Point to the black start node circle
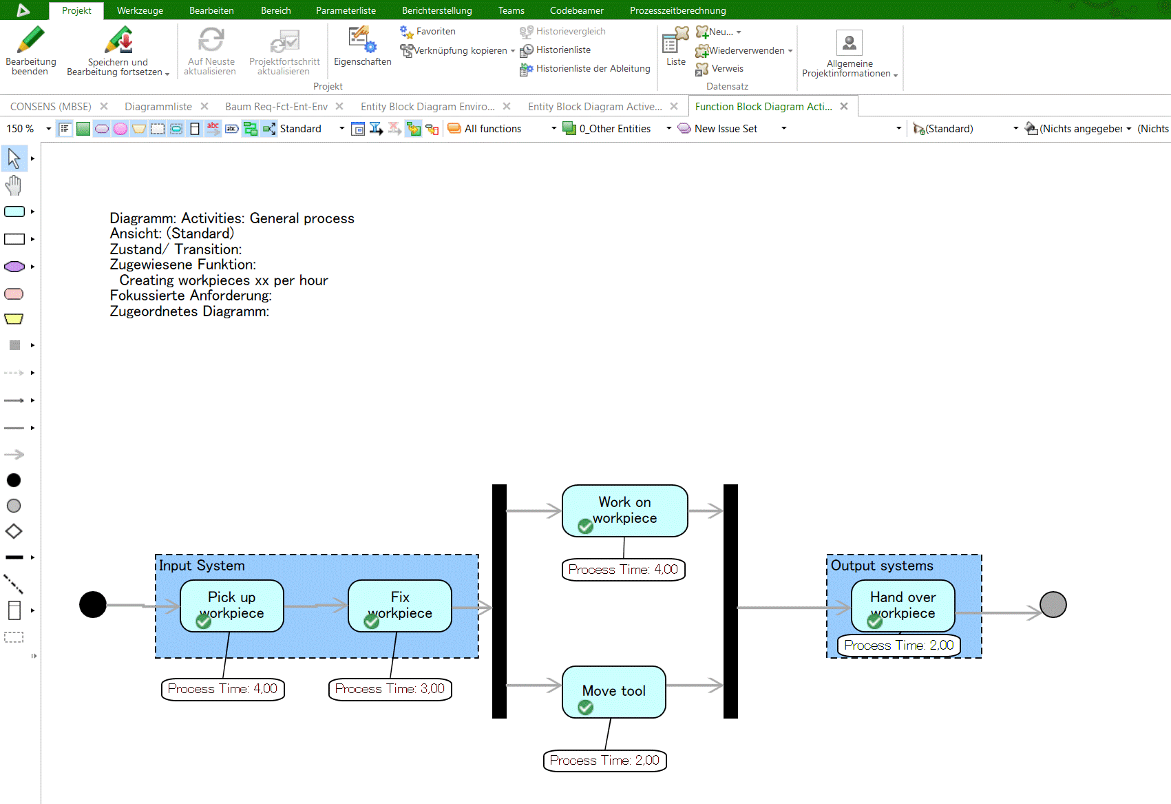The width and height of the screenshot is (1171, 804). [x=93, y=605]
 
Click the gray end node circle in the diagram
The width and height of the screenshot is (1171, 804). [x=1053, y=605]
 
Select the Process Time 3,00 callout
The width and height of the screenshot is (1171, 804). [x=390, y=689]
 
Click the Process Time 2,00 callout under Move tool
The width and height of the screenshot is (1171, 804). [x=604, y=761]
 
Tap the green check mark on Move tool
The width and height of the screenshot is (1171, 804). [x=586, y=708]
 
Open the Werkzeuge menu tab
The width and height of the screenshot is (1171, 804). [x=140, y=10]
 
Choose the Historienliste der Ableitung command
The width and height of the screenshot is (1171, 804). [x=592, y=68]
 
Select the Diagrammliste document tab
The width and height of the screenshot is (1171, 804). [x=158, y=107]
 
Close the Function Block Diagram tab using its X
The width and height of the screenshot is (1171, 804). [x=844, y=106]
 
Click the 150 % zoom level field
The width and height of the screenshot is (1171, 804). [x=21, y=129]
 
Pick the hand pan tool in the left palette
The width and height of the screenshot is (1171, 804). [x=14, y=185]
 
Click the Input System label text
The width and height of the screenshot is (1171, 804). [x=202, y=566]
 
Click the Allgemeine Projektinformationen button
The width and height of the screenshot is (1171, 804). [x=850, y=54]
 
